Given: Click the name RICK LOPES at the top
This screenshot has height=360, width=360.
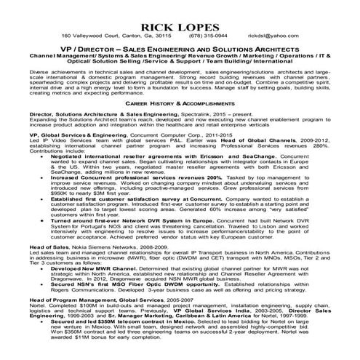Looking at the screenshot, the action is coord(180,21).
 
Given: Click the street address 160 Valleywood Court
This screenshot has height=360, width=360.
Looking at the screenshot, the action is coord(92,35).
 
